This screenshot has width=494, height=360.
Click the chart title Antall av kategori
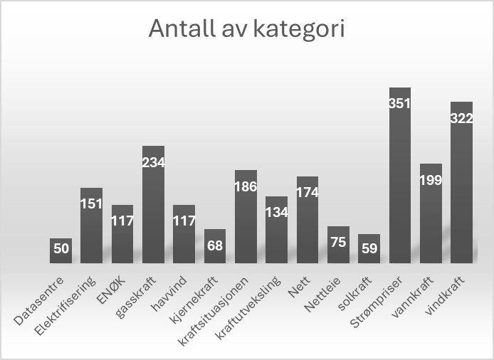coord(246,30)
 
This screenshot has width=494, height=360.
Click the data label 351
coord(400,103)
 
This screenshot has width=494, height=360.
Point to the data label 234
coord(153,162)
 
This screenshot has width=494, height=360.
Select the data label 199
coord(431,179)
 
